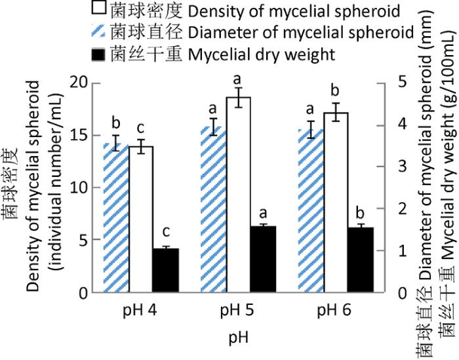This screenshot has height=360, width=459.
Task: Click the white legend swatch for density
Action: point(99,9)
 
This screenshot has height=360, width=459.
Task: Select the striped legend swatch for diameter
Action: point(99,31)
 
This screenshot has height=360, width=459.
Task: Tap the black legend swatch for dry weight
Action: point(99,53)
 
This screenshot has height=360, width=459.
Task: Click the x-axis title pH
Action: point(239,338)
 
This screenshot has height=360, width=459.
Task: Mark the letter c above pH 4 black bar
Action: point(166,231)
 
